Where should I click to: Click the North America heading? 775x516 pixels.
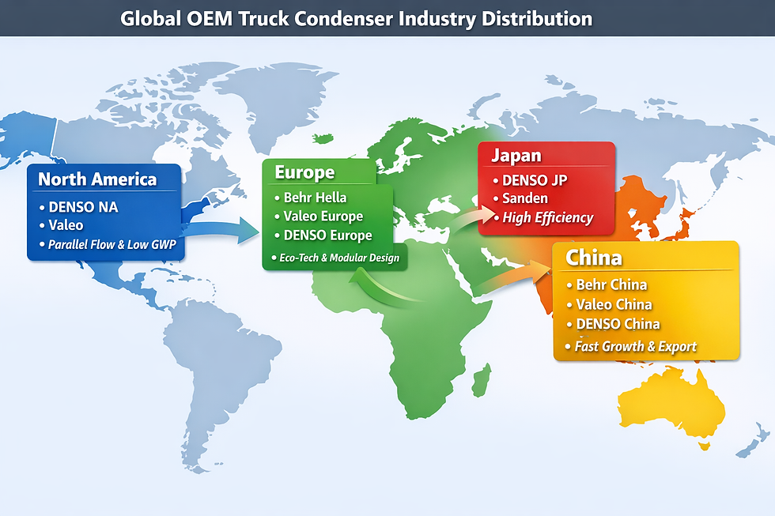(97, 179)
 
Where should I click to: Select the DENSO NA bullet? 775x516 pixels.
(82, 208)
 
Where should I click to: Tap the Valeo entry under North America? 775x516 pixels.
(66, 226)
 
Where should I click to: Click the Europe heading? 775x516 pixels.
(304, 172)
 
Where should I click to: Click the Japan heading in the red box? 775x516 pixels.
(516, 156)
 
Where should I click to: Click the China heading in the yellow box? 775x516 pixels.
(593, 258)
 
